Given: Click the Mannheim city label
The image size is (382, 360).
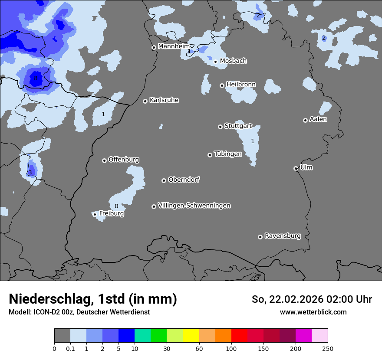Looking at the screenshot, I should (x=174, y=46).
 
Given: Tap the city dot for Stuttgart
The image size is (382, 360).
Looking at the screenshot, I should (x=220, y=127).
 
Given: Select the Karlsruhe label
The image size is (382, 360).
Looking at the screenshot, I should (x=164, y=100).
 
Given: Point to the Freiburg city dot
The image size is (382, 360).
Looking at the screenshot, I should (x=95, y=214).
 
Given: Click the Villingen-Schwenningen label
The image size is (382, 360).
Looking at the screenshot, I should (x=194, y=206).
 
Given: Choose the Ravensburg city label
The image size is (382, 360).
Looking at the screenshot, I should (x=282, y=236).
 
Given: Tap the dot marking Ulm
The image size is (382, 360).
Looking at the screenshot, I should (x=296, y=168).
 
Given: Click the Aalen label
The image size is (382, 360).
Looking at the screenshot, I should (x=318, y=119).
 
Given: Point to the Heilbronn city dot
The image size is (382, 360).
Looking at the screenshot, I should (x=222, y=85).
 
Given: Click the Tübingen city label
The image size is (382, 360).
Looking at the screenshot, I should (x=227, y=154).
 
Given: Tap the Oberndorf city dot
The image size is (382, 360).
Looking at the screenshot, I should (x=164, y=180).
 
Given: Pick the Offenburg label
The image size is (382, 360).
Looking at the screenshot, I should (x=123, y=160).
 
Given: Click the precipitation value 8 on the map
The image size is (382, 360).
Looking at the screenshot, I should (x=36, y=79).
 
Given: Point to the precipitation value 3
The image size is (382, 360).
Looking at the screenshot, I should (x=30, y=173).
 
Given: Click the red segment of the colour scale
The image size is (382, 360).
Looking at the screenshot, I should (x=239, y=336).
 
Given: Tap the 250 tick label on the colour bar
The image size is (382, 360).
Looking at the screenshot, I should (x=327, y=348).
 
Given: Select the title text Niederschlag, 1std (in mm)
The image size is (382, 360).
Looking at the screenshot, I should (x=93, y=299).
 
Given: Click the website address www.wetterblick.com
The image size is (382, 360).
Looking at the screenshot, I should (x=313, y=312).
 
